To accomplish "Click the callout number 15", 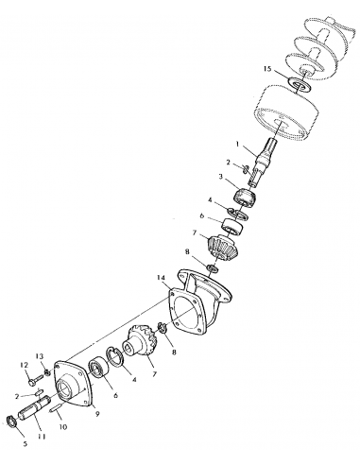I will tap(268, 69).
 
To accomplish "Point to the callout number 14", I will tap(163, 278).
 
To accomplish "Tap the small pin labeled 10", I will tap(60, 409).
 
